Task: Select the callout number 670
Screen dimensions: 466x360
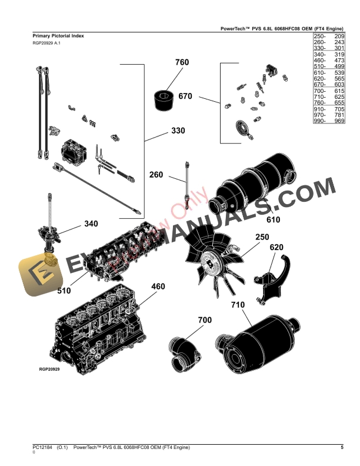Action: pos(185,96)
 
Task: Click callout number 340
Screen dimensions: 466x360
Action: pos(91,224)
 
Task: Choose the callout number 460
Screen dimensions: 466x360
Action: pos(158,287)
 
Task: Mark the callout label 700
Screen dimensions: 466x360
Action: pos(205,320)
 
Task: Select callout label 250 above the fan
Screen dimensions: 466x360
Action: pos(262,237)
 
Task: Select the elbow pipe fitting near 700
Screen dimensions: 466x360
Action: pos(183,354)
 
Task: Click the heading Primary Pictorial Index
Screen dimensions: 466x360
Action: pos(58,36)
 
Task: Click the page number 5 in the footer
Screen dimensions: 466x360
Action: pos(342,448)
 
